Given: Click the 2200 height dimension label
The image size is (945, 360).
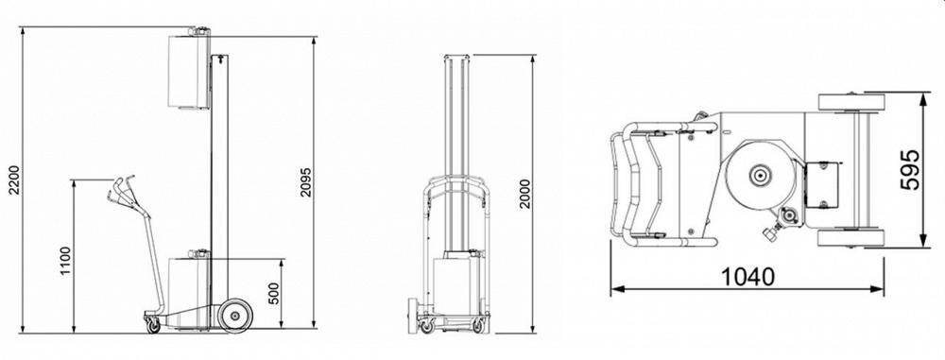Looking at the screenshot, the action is tap(14, 180).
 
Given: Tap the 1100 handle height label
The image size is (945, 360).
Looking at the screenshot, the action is tap(65, 260).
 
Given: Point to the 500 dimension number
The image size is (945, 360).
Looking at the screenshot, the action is tap(275, 293).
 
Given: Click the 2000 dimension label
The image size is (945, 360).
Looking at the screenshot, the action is tap(524, 194).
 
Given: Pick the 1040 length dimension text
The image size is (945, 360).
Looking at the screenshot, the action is tap(747, 276).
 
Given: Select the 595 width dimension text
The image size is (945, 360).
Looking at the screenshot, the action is tap(909, 169).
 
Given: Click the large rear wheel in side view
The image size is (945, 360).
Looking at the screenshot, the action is tap(234, 316).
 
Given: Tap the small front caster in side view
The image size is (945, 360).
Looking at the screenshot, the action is tap(154, 326).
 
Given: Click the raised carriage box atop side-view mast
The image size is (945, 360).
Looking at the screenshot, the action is tap(189, 72).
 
